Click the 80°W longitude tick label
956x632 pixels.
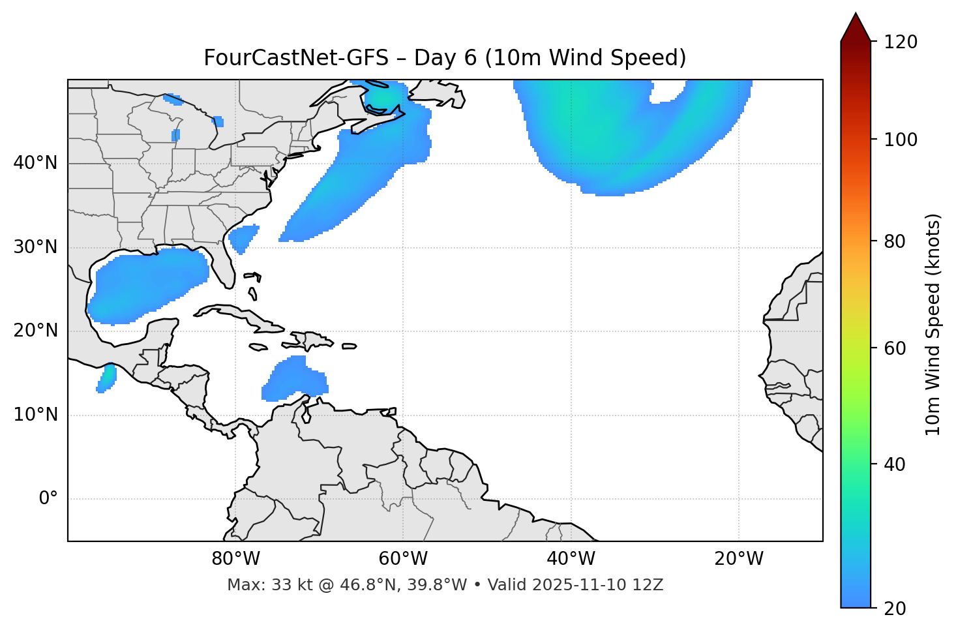pos(235,559)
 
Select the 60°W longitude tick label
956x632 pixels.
pos(403,559)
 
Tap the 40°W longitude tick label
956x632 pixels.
pos(571,559)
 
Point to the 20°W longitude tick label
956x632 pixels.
pos(739,559)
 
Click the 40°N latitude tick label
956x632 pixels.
pos(35,163)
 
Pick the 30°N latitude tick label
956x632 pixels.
pos(35,247)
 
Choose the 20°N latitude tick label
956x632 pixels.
pos(35,331)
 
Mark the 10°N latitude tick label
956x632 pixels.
pos(35,415)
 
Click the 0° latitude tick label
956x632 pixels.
pos(48,499)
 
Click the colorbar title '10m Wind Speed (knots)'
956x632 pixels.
pos(933,324)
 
